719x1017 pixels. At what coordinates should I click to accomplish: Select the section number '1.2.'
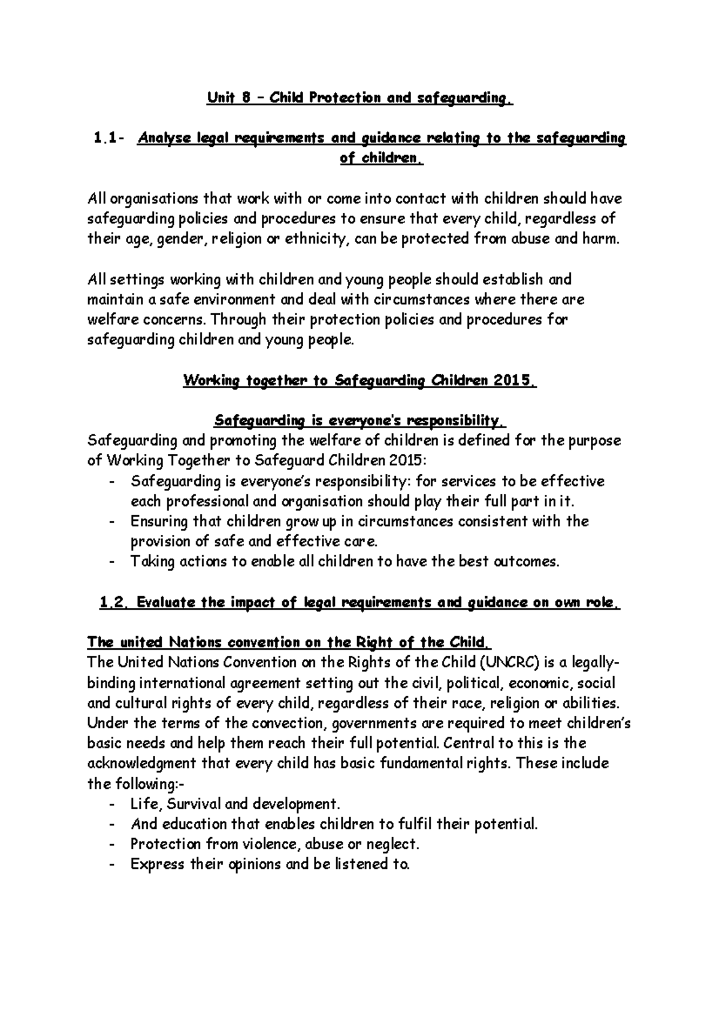(x=113, y=603)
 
